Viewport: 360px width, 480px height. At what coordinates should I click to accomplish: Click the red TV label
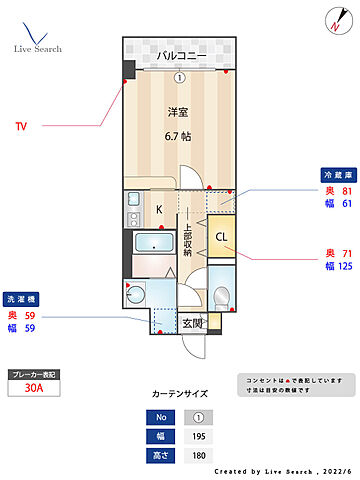[x=21, y=127]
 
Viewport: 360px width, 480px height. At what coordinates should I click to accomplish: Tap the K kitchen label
[x=157, y=208]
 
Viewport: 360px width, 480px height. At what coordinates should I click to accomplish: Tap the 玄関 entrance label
[x=193, y=323]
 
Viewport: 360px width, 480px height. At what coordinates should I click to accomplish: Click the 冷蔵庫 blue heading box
[x=335, y=173]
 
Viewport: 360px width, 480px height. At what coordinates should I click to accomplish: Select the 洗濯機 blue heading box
[x=23, y=298]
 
